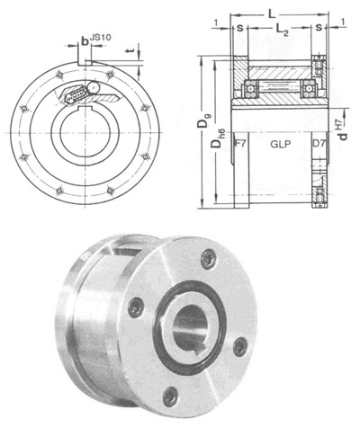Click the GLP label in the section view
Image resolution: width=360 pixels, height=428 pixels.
(x=281, y=145)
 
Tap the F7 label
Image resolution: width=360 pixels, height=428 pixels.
(x=240, y=143)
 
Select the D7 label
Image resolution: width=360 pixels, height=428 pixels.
(x=319, y=143)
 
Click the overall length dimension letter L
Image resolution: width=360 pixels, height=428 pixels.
(x=272, y=14)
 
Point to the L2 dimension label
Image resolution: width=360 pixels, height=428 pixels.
(x=282, y=29)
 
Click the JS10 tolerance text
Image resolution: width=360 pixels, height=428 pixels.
(x=101, y=38)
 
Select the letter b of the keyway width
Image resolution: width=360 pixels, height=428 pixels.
(x=85, y=41)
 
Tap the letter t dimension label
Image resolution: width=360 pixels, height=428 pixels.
(x=129, y=51)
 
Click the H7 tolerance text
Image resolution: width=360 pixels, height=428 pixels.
(x=338, y=124)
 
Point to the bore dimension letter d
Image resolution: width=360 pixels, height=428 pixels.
(x=344, y=136)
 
